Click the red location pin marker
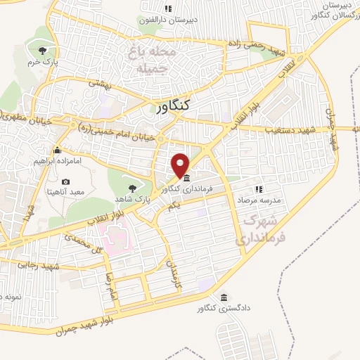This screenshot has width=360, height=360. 181,165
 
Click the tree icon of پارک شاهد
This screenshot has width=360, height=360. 132,187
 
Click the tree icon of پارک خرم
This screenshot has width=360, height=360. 44,50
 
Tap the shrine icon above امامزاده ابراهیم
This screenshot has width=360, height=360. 57,150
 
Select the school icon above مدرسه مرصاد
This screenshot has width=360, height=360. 258,189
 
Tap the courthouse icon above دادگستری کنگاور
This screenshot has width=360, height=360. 224,297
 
